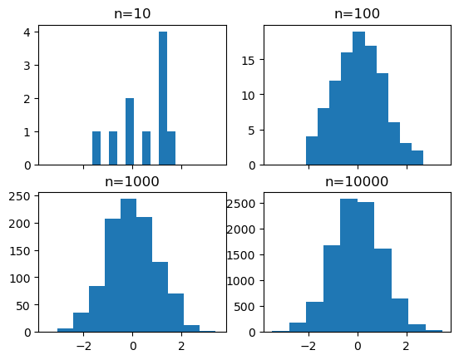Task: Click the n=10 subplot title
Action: coord(131,13)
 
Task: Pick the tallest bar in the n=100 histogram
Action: coord(358,98)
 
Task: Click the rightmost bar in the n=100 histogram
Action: coord(417,157)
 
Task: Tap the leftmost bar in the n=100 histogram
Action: coord(312,150)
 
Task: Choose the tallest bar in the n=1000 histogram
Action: coord(129,265)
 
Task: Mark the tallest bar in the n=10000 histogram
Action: coord(349,265)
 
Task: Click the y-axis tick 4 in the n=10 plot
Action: coord(27,32)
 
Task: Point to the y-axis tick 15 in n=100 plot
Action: coord(248,60)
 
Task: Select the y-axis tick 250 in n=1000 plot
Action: coord(21,196)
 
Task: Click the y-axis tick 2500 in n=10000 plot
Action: coord(241,202)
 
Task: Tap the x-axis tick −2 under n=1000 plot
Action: coord(82,345)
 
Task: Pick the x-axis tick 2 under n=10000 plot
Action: coord(407,345)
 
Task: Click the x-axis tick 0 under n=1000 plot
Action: coord(133,345)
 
